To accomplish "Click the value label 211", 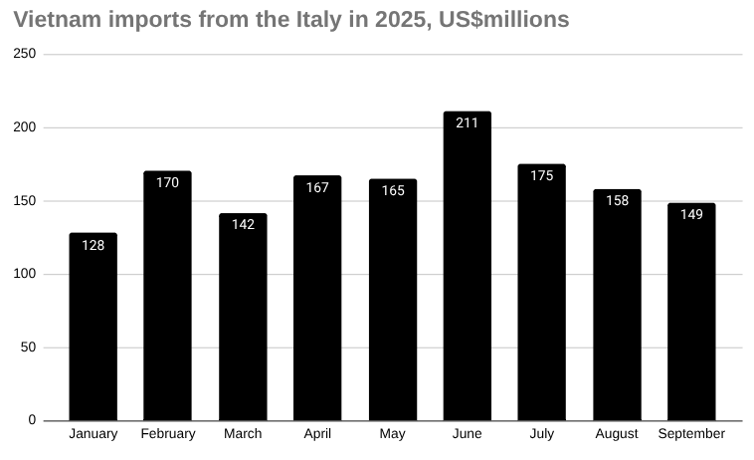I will point(467,122).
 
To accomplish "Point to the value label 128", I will point(93,245).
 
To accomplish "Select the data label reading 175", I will point(542,176).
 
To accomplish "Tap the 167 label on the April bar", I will point(317,187).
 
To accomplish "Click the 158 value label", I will point(617,200).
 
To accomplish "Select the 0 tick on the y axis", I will point(32,420).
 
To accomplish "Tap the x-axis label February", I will point(168,434).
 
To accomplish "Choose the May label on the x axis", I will point(392,434).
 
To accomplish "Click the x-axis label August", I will point(617,434).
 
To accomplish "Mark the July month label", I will point(542,434).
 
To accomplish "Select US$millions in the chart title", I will point(503,20).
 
